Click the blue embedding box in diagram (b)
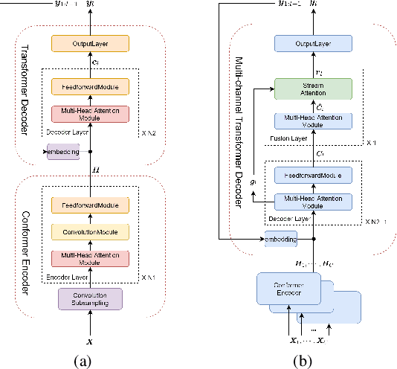(281, 239)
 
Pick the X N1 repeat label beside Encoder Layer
(149, 277)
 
